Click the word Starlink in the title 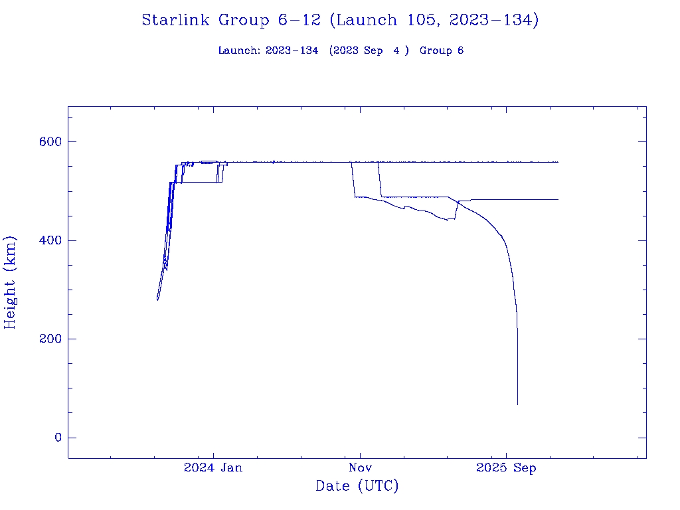pyautogui.click(x=176, y=21)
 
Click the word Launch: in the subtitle pyautogui.click(x=239, y=51)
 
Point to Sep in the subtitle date pyautogui.click(x=373, y=51)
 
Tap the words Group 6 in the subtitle pyautogui.click(x=442, y=51)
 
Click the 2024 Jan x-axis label pyautogui.click(x=213, y=468)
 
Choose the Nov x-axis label pyautogui.click(x=359, y=468)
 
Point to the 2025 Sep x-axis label pyautogui.click(x=506, y=468)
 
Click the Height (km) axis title pyautogui.click(x=10, y=282)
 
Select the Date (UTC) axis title pyautogui.click(x=357, y=487)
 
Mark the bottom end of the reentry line pyautogui.click(x=517, y=404)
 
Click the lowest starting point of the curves pyautogui.click(x=157, y=299)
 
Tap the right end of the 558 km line pyautogui.click(x=558, y=162)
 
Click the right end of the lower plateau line pyautogui.click(x=558, y=199)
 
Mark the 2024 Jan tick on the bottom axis pyautogui.click(x=213, y=458)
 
